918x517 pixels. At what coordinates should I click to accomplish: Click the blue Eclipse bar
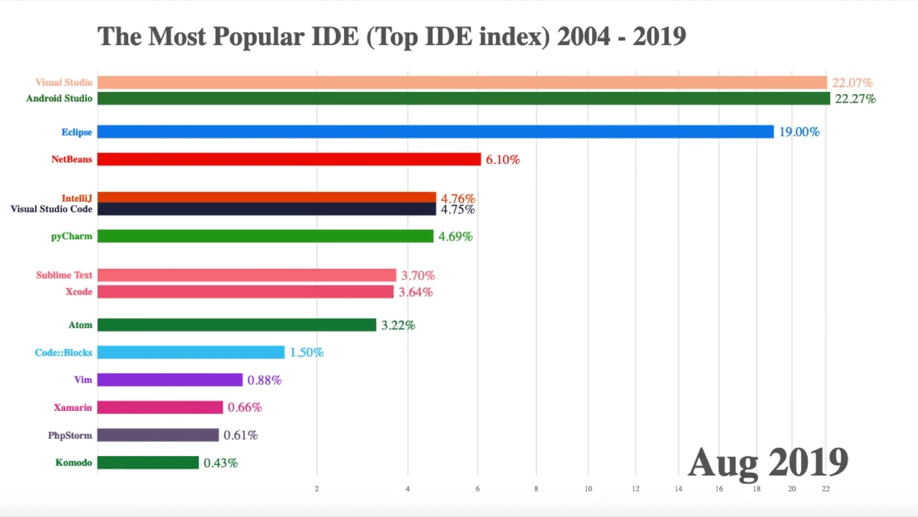[435, 132]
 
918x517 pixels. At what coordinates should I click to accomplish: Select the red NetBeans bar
[289, 159]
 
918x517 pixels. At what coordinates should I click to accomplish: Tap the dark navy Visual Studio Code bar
[266, 210]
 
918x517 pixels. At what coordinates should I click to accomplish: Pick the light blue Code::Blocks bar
[191, 352]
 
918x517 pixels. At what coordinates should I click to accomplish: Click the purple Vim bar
[170, 380]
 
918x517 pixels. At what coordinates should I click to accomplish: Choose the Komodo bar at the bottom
[148, 462]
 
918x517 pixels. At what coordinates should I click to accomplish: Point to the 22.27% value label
[855, 99]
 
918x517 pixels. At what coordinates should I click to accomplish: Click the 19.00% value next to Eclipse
[799, 132]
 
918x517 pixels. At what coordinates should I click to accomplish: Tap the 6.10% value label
[503, 159]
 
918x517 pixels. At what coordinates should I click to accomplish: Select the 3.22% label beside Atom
[398, 325]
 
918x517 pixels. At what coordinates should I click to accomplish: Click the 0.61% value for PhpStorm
[240, 435]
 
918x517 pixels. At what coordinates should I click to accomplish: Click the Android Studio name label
[59, 98]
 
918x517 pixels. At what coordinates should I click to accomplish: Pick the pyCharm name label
[71, 236]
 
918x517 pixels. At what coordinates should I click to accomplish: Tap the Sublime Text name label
[64, 275]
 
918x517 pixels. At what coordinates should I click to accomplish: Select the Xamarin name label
[72, 407]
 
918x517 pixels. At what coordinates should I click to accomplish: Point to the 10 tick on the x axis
[588, 489]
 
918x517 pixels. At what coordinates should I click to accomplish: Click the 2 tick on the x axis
[317, 489]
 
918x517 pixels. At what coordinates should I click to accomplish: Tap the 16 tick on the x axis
[719, 489]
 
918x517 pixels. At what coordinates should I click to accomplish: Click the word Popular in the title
[258, 37]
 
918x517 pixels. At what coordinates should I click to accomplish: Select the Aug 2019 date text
[767, 462]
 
